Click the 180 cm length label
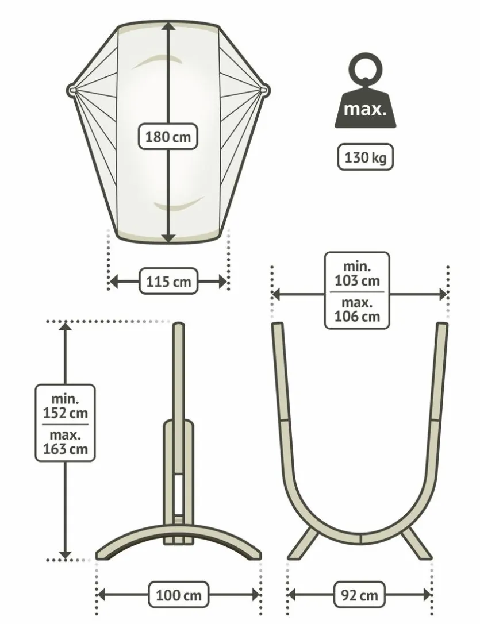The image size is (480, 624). tap(168, 137)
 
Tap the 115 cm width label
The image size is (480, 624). tap(168, 282)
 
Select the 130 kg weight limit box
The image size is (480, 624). tap(365, 157)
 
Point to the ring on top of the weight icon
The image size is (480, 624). tap(366, 68)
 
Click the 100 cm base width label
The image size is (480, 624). tap(178, 595)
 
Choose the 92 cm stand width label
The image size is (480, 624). tap(359, 595)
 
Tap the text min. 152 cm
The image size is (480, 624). tap(66, 406)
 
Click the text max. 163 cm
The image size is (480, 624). tap(66, 442)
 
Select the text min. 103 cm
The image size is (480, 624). tap(357, 274)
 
